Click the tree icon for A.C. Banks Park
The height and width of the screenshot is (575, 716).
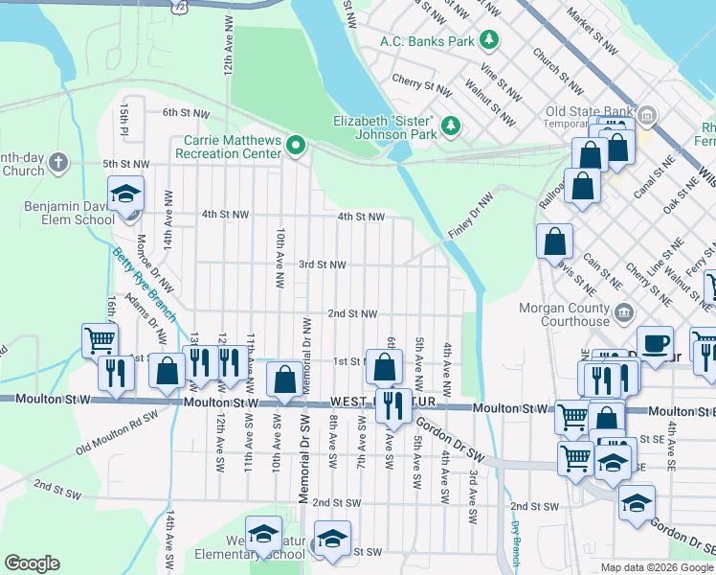point(489,41)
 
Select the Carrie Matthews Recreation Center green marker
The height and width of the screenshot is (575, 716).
point(296,147)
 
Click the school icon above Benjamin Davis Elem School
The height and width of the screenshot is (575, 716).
point(126,195)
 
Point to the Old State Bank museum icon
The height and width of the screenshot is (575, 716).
point(648,118)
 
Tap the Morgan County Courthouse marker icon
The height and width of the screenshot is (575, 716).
point(624,312)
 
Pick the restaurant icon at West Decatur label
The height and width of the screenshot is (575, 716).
point(393,406)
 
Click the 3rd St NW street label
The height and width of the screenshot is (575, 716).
point(323,264)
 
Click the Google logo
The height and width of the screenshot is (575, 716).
point(33,563)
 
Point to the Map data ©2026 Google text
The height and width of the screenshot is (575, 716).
point(656,567)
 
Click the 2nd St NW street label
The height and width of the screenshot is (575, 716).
point(352,313)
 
